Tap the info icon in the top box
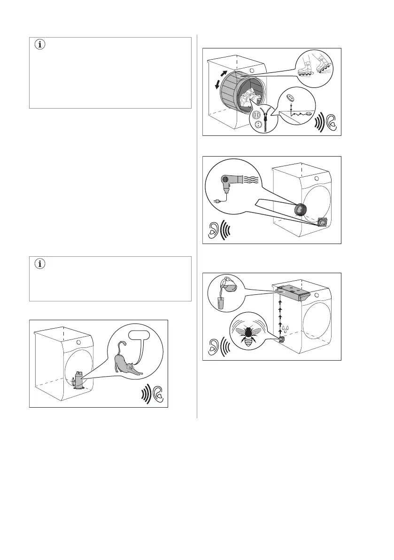click(x=39, y=45)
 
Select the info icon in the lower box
click(x=39, y=264)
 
